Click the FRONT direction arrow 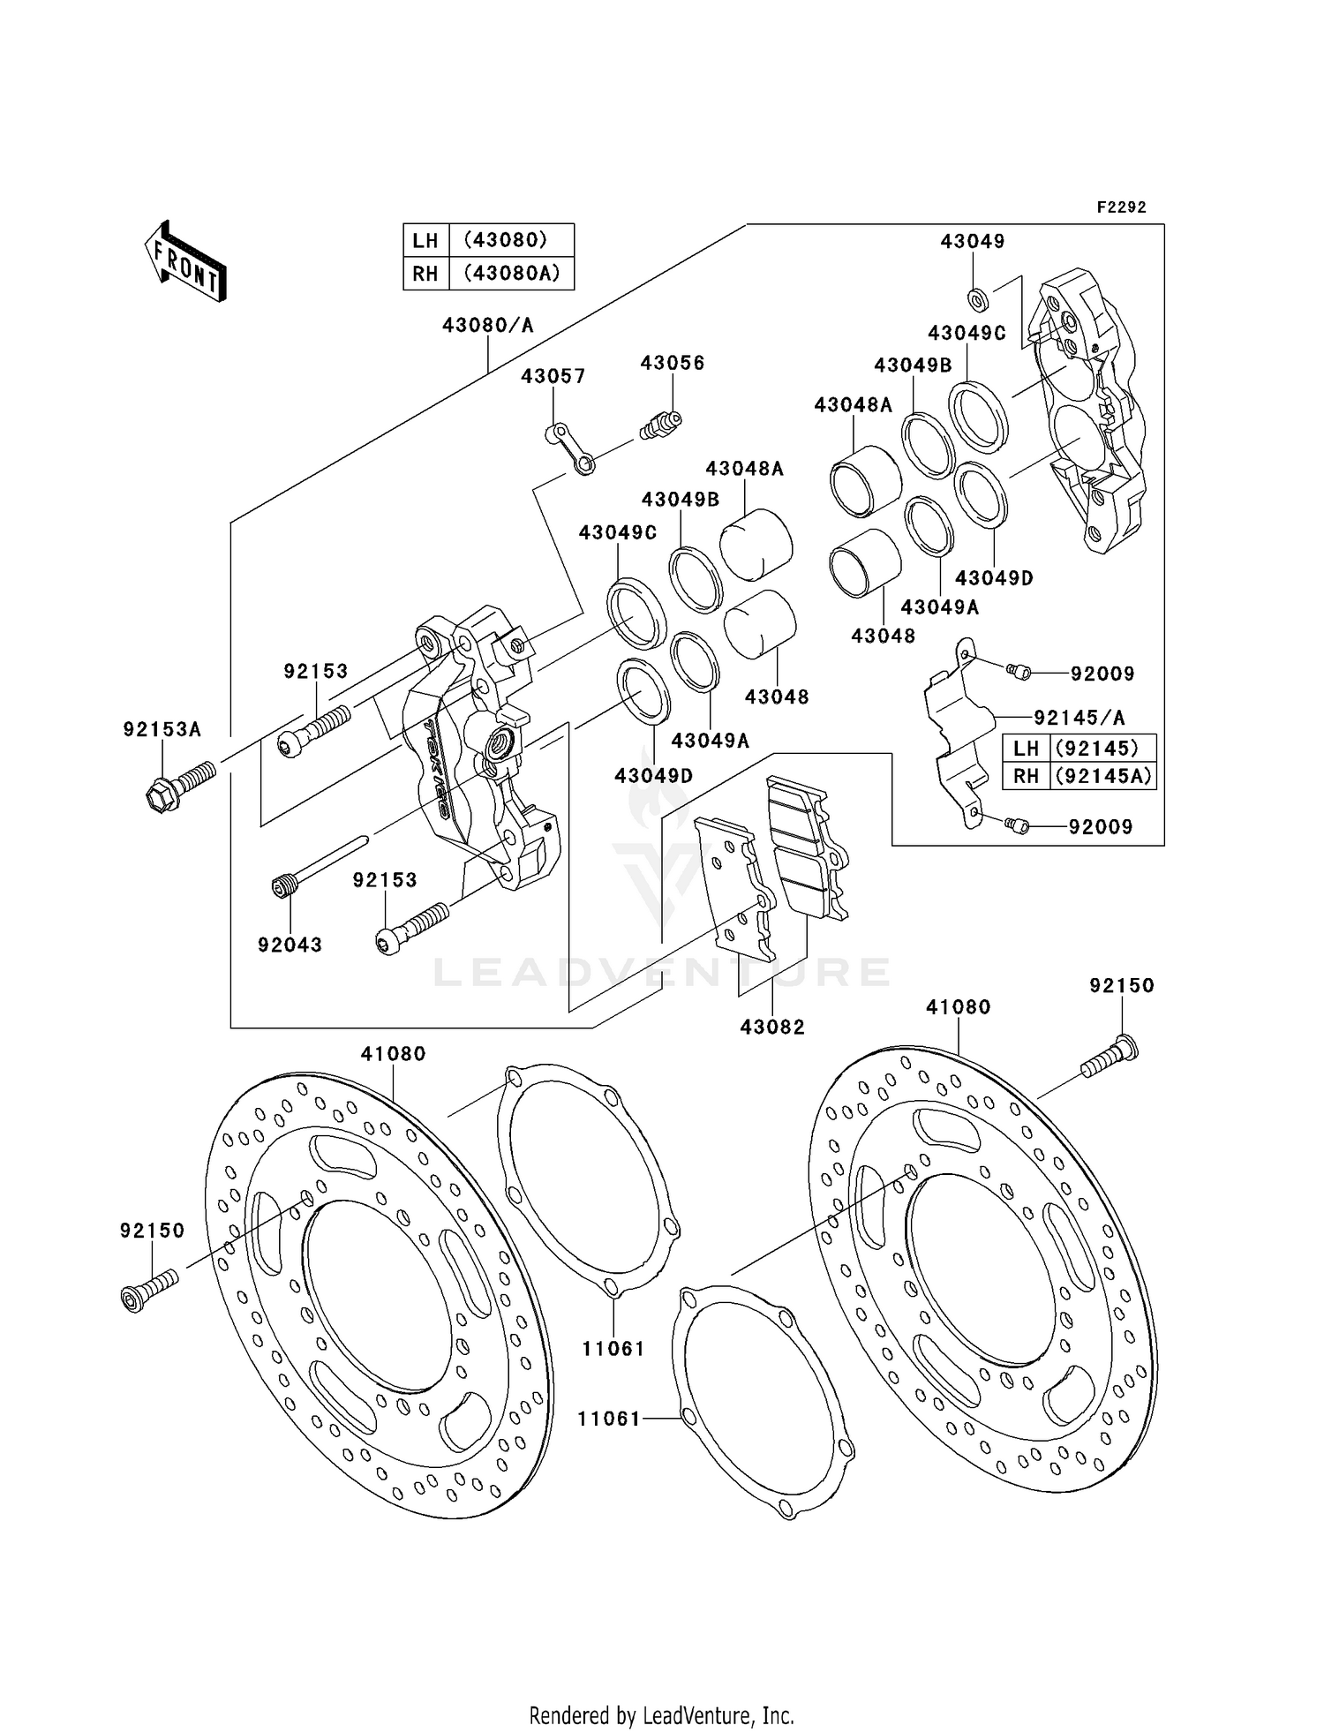pyautogui.click(x=186, y=262)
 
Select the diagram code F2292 pyautogui.click(x=1121, y=207)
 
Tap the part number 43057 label pyautogui.click(x=553, y=377)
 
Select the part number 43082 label pyautogui.click(x=772, y=1028)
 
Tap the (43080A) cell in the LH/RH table pyautogui.click(x=511, y=274)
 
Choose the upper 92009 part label pyautogui.click(x=1102, y=674)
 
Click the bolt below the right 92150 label pyautogui.click(x=1110, y=1060)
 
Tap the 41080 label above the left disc pyautogui.click(x=393, y=1054)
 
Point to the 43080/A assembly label pyautogui.click(x=487, y=326)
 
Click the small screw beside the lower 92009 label pyautogui.click(x=1017, y=825)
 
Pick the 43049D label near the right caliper pyautogui.click(x=994, y=578)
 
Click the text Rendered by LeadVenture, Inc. pyautogui.click(x=661, y=1715)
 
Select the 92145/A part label pyautogui.click(x=1079, y=718)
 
